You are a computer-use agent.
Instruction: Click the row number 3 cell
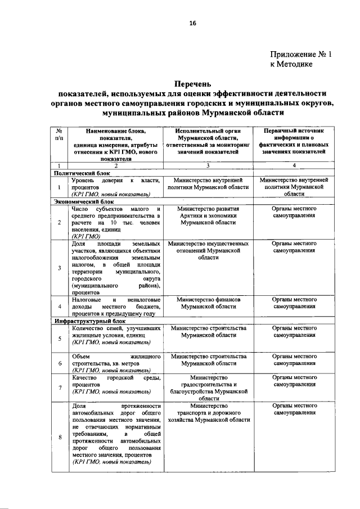point(60,267)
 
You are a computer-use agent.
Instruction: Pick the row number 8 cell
point(60,438)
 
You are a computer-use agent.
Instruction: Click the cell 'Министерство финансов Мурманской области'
point(208,304)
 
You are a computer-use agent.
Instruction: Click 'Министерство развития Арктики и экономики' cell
point(208,215)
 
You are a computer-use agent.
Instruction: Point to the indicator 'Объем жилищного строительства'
point(115,360)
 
